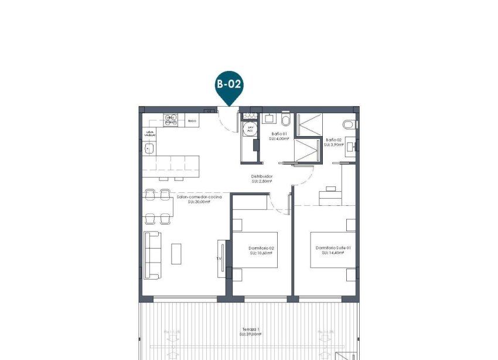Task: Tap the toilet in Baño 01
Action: click(285, 120)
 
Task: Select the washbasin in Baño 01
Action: click(270, 118)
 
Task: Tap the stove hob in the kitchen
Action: click(171, 120)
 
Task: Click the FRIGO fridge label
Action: click(192, 121)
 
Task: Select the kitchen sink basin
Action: click(149, 149)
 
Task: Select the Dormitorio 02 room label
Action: click(261, 249)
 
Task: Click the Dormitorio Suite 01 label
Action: click(332, 249)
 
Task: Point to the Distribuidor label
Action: click(262, 176)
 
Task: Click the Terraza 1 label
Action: click(249, 330)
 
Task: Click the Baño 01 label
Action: click(279, 135)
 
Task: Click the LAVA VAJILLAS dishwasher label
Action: click(151, 134)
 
